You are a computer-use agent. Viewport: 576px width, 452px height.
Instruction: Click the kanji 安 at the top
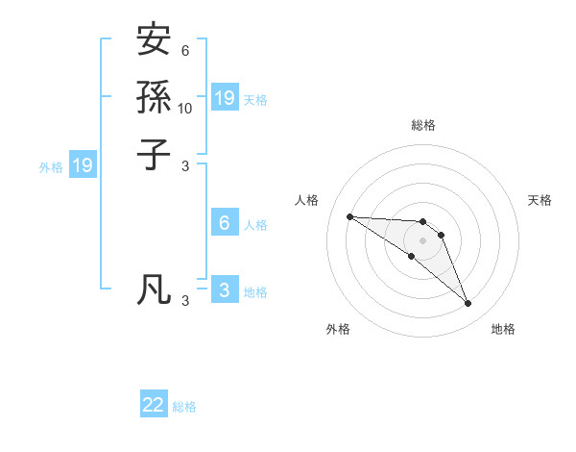pyautogui.click(x=155, y=41)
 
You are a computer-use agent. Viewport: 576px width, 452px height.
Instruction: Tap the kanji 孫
pyautogui.click(x=155, y=97)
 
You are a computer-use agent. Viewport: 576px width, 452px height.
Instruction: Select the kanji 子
pyautogui.click(x=155, y=153)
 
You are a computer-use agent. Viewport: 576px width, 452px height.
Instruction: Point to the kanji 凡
pyautogui.click(x=155, y=288)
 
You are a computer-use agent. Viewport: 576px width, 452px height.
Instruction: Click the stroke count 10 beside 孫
pyautogui.click(x=185, y=108)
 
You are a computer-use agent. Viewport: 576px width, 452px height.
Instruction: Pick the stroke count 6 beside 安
pyautogui.click(x=185, y=51)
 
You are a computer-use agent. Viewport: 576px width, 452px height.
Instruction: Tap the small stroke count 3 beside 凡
pyautogui.click(x=185, y=300)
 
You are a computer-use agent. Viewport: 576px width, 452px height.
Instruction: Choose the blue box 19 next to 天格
pyautogui.click(x=225, y=97)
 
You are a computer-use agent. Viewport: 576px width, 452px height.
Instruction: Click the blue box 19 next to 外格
pyautogui.click(x=83, y=165)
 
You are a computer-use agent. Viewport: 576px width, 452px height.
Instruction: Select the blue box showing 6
pyautogui.click(x=225, y=223)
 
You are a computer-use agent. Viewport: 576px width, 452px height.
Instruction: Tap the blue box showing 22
pyautogui.click(x=154, y=405)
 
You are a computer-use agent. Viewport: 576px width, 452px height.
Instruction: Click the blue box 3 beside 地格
pyautogui.click(x=225, y=289)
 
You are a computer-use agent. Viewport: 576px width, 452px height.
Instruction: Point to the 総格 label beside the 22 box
pyautogui.click(x=184, y=407)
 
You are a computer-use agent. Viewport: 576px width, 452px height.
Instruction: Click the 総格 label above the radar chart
pyautogui.click(x=422, y=125)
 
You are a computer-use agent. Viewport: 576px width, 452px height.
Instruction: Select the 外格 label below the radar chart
pyautogui.click(x=338, y=329)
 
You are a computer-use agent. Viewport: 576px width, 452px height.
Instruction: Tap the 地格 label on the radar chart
pyautogui.click(x=503, y=329)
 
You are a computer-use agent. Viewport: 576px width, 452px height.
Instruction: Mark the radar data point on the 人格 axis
pyautogui.click(x=349, y=216)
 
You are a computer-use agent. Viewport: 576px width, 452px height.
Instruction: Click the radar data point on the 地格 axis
pyautogui.click(x=468, y=304)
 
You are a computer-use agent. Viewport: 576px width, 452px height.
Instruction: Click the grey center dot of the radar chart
pyautogui.click(x=422, y=239)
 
